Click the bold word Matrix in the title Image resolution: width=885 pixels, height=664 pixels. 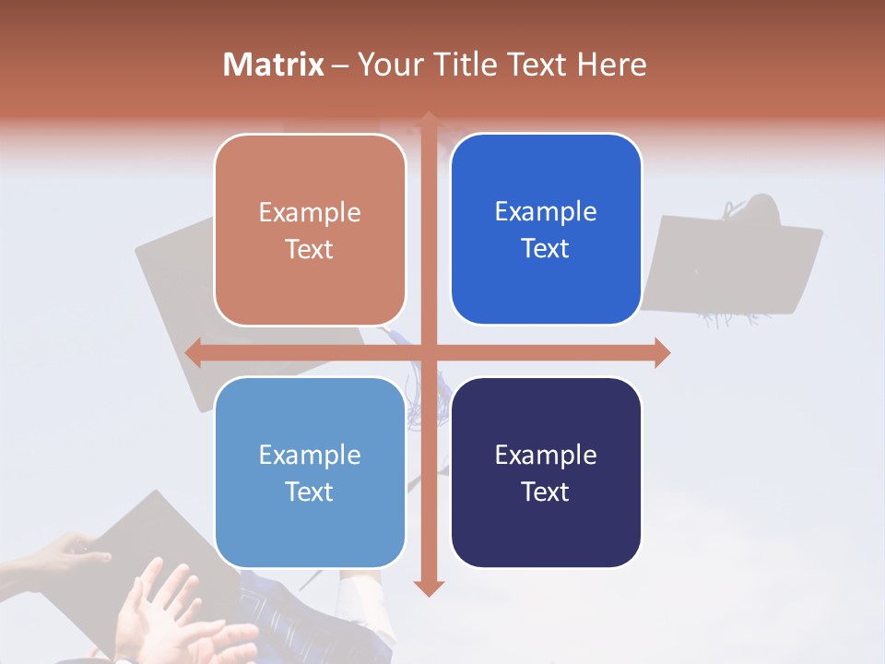coord(273,65)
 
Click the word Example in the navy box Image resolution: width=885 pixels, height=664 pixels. coord(546,455)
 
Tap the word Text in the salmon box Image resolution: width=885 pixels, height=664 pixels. coord(310,249)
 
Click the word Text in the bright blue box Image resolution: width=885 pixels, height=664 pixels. coord(546,248)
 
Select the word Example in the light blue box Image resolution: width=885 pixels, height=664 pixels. coord(310,455)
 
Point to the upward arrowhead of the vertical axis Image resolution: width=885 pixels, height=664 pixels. coord(428,120)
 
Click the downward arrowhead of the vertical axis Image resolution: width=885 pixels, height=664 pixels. coord(428,588)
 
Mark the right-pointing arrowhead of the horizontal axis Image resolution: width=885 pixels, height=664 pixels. coord(662,352)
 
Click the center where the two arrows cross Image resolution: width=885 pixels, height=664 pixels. coord(428,352)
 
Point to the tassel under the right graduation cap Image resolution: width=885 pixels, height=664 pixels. coord(728,318)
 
